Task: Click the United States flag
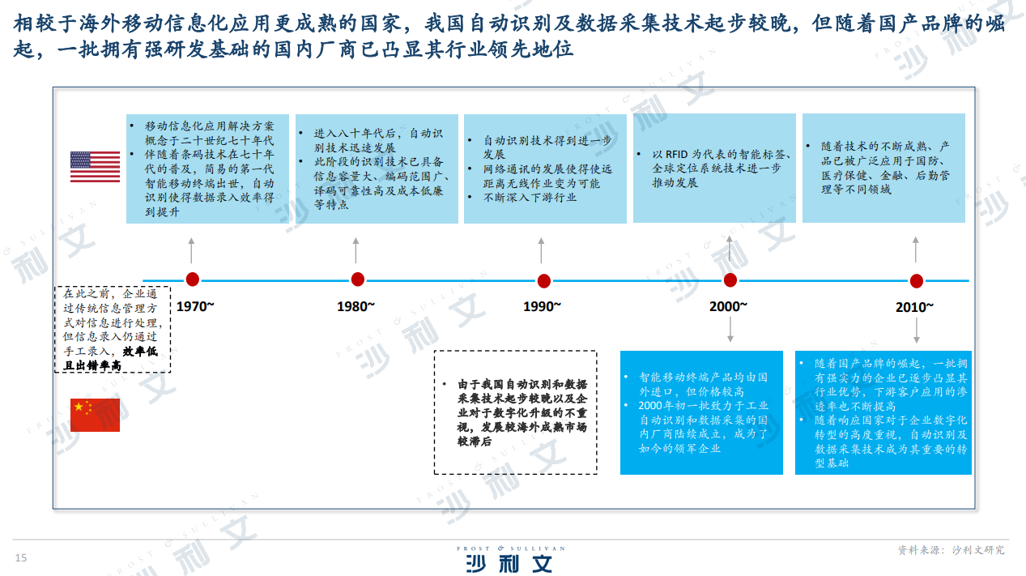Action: tap(95, 167)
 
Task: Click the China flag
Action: tap(95, 415)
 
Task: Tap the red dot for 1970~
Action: tap(193, 279)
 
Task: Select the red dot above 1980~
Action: tap(358, 279)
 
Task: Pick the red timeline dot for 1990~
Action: tap(543, 281)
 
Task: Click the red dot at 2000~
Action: tap(730, 280)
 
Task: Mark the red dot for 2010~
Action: tap(917, 281)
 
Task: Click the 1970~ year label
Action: tap(195, 306)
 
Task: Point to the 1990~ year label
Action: tap(542, 306)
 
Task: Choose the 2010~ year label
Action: tap(914, 307)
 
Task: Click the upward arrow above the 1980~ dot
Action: tap(355, 250)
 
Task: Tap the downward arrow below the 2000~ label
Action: tap(730, 330)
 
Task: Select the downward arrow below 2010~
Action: tap(917, 331)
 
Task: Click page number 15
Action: tap(21, 557)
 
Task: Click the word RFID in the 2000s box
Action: tap(676, 155)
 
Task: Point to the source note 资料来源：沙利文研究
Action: tap(951, 550)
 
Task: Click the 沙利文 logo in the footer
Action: tap(510, 560)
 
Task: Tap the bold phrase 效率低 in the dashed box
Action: tap(140, 352)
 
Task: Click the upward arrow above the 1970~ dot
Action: tap(191, 250)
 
